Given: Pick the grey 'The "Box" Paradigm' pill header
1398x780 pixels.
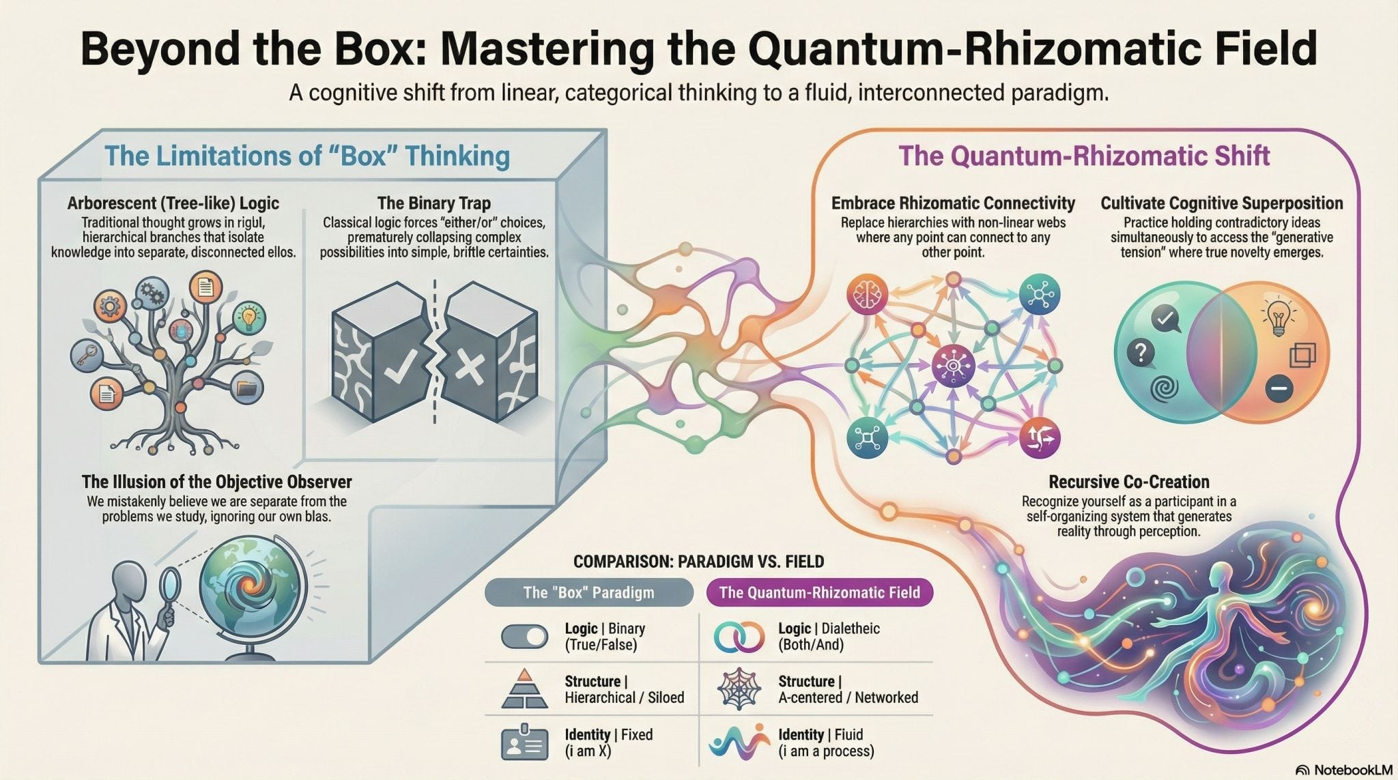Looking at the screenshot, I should click(588, 592).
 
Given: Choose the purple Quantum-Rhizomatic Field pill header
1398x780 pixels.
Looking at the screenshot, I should click(819, 592).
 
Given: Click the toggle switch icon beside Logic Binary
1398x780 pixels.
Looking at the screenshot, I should click(524, 637).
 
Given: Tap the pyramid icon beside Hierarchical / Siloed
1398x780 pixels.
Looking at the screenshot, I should click(524, 689).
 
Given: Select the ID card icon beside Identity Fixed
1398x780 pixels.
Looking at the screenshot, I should click(524, 742).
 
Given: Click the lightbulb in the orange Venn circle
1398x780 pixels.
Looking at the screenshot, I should click(1276, 317).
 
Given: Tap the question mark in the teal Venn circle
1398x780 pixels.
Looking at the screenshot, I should click(1141, 352).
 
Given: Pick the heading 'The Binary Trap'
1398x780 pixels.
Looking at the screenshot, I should click(433, 203).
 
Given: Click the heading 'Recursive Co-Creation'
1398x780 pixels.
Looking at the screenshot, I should click(1128, 482).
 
